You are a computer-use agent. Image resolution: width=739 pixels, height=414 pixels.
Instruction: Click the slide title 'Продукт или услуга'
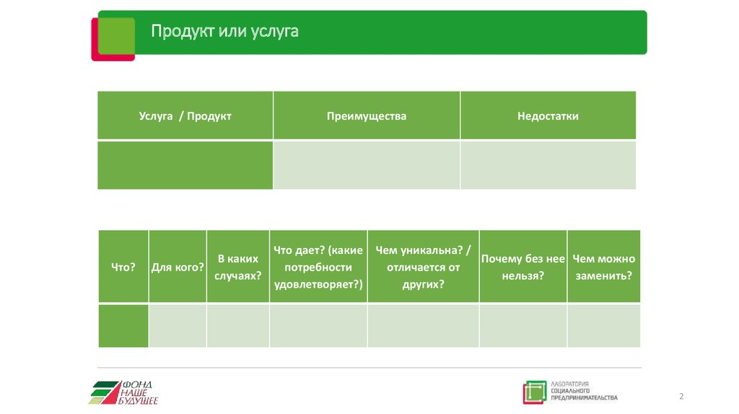[x=224, y=32]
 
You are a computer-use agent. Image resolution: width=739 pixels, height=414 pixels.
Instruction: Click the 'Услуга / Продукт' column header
[x=185, y=115]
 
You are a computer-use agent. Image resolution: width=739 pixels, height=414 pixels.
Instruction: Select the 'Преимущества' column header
[x=367, y=115]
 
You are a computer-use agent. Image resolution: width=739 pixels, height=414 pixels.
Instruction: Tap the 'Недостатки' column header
[x=548, y=115]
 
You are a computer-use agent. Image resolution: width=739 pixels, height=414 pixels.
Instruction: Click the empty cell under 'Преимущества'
[x=367, y=164]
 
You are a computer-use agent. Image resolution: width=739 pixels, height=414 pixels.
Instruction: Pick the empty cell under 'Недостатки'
[x=548, y=164]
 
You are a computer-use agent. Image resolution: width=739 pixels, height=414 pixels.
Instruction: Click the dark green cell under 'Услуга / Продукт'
[x=185, y=164]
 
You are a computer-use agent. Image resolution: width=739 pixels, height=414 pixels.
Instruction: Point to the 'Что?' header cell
[x=123, y=266]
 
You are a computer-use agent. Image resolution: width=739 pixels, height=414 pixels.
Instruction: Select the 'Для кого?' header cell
[x=178, y=266]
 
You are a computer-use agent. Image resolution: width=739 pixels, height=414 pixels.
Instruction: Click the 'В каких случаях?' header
[x=238, y=266]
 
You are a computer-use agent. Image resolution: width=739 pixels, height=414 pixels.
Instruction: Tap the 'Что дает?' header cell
[x=318, y=266]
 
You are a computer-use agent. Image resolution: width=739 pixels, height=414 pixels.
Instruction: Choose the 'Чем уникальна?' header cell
[x=423, y=266]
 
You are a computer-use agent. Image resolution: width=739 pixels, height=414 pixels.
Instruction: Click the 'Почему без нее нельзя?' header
[x=523, y=266]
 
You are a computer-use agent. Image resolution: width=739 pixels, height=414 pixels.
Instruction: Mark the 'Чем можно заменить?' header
[x=603, y=266]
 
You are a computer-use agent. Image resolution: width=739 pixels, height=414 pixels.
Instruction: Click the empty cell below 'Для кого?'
[x=178, y=325]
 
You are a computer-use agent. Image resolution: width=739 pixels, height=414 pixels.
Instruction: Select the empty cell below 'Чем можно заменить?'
[x=603, y=325]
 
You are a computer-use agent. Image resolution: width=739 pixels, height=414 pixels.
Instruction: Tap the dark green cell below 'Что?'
[x=123, y=325]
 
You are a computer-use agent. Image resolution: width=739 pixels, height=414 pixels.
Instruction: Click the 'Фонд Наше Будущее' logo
[x=124, y=392]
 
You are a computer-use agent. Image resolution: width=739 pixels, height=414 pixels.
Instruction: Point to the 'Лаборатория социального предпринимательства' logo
[x=571, y=392]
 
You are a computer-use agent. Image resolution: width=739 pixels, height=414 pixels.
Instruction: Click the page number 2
[x=681, y=397]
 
